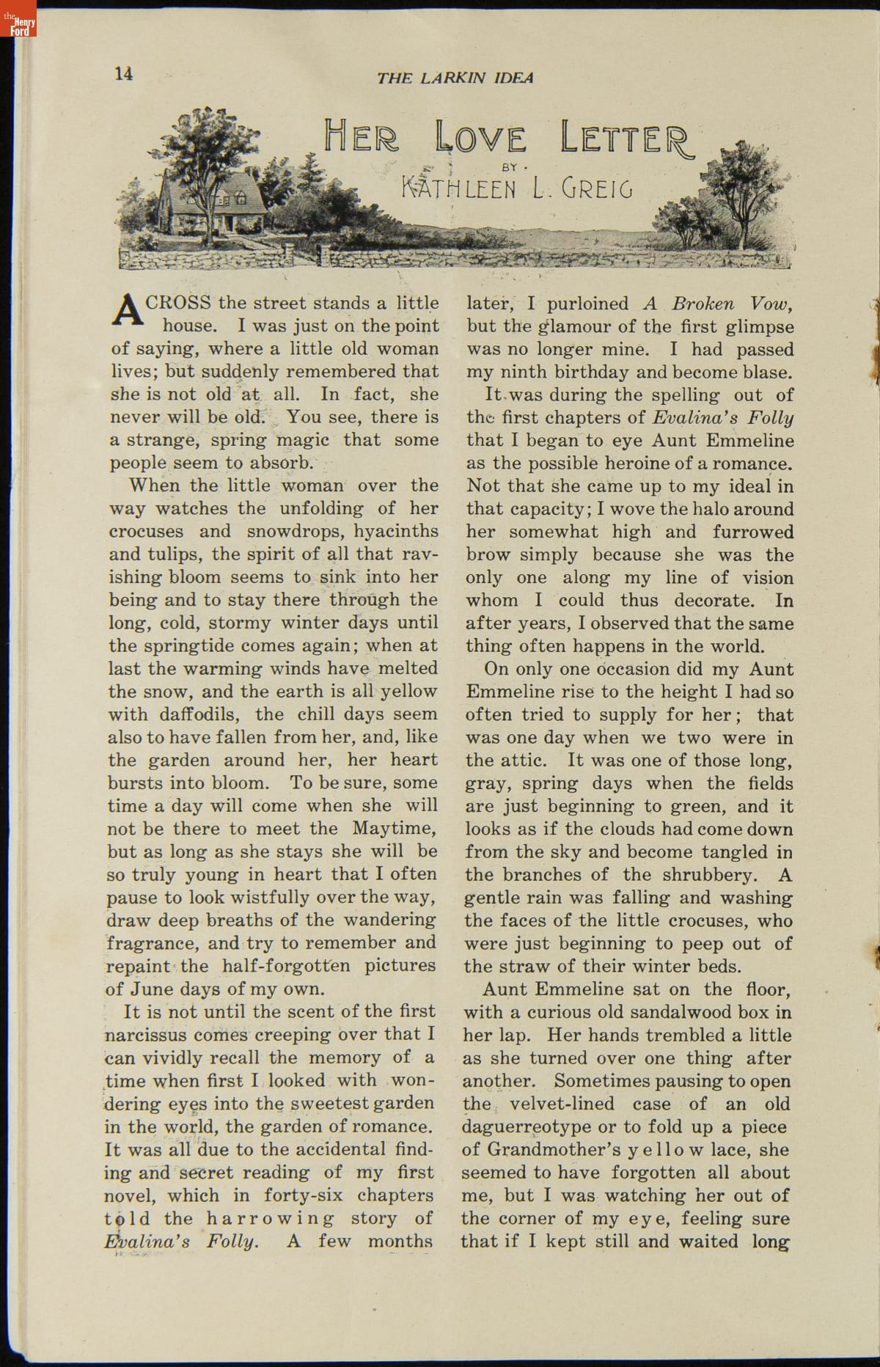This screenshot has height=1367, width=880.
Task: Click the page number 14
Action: [x=124, y=73]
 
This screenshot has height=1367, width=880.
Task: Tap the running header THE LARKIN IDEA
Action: [x=455, y=78]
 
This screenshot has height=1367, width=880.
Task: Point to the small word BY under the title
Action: [x=509, y=167]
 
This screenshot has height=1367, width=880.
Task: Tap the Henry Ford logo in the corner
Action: [x=18, y=19]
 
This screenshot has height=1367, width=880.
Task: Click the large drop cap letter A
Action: [x=125, y=309]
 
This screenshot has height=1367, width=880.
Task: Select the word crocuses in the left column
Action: [x=144, y=531]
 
